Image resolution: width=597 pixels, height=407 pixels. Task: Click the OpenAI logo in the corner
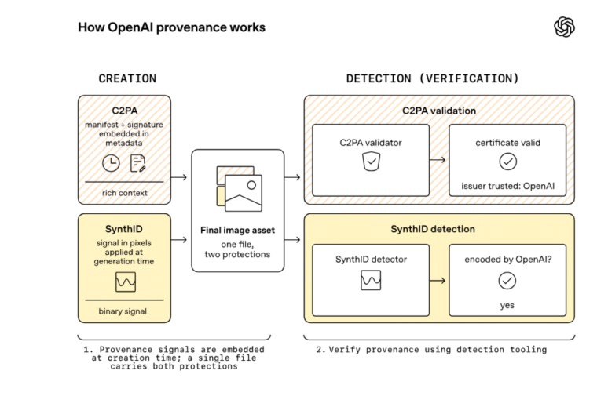click(564, 27)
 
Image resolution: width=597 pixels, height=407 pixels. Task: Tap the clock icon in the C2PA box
click(111, 163)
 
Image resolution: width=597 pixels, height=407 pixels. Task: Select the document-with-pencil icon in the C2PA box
click(137, 163)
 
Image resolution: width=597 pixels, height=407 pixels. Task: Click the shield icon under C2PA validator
click(371, 161)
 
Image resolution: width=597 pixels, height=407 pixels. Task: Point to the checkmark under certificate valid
click(508, 162)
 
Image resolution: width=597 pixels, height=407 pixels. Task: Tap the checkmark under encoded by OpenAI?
click(507, 281)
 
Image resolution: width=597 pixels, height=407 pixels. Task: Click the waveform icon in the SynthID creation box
click(125, 282)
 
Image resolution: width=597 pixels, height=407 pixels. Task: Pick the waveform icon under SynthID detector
click(371, 280)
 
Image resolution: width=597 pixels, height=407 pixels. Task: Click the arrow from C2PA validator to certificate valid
click(437, 160)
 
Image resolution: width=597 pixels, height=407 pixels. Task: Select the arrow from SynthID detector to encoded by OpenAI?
click(437, 281)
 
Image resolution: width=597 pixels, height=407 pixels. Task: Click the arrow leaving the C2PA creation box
click(179, 177)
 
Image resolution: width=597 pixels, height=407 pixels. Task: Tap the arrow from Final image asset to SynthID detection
click(292, 240)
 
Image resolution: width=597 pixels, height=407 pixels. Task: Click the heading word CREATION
click(127, 78)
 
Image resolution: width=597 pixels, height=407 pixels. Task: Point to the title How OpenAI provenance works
click(172, 27)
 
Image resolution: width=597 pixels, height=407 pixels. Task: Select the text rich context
click(124, 193)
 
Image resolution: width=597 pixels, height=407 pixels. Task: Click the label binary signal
click(123, 311)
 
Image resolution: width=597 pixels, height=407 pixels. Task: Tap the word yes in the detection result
click(507, 306)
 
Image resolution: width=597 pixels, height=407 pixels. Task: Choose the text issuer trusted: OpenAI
click(508, 186)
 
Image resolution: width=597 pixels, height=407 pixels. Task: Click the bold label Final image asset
click(237, 230)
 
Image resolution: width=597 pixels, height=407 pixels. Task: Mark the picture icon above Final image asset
click(239, 188)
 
